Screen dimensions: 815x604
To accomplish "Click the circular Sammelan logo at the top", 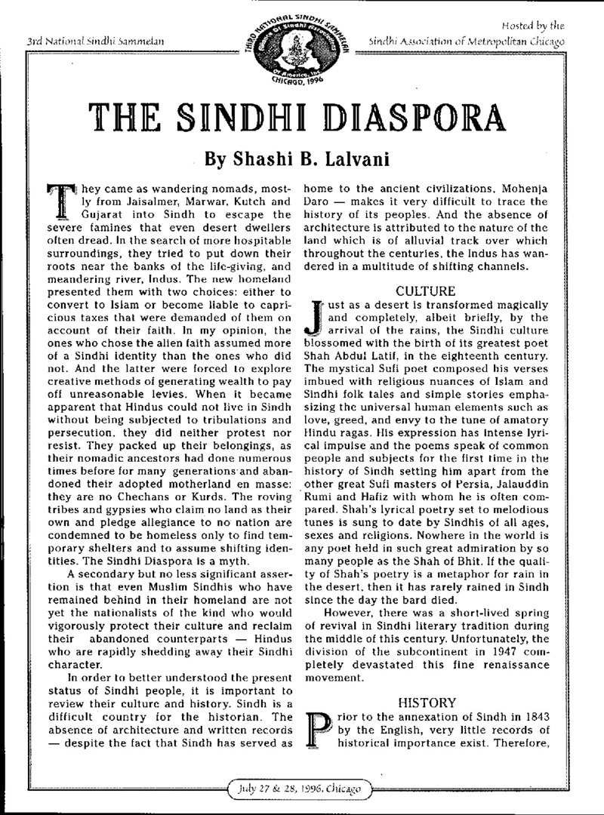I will tap(301, 47).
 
